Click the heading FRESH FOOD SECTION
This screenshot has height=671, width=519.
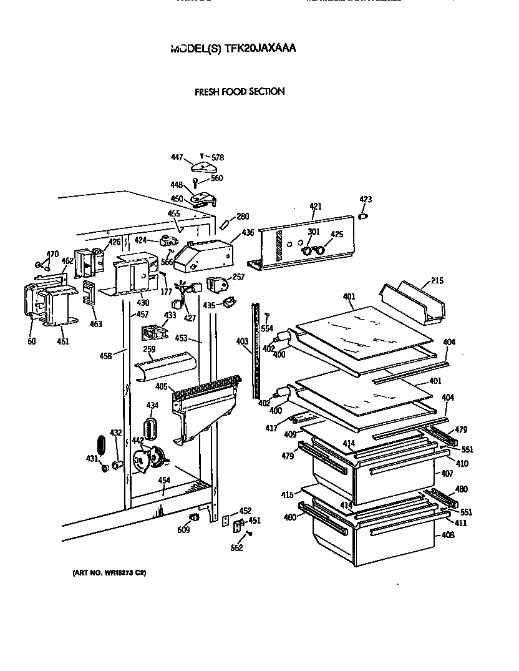(x=240, y=91)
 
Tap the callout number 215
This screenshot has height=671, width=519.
(x=437, y=281)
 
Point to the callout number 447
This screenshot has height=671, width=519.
(x=177, y=158)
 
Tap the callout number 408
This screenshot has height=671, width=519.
(x=448, y=535)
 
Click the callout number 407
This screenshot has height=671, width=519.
(x=447, y=474)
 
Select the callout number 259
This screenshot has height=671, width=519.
(x=149, y=350)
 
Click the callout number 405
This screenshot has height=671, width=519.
(x=161, y=387)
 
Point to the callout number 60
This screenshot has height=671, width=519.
(x=31, y=341)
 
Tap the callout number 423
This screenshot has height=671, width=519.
(x=366, y=200)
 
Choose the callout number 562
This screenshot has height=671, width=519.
(x=237, y=548)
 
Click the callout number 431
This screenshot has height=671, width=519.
(x=92, y=459)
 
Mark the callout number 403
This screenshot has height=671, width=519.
(x=242, y=341)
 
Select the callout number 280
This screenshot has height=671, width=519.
(x=243, y=217)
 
